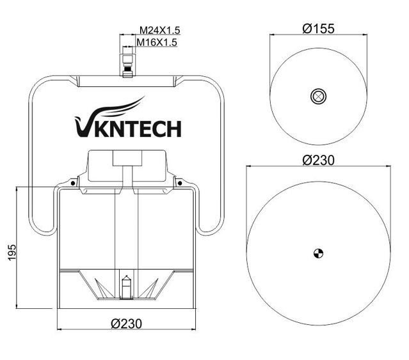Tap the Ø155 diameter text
click(x=318, y=29)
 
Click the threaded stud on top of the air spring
click(x=126, y=66)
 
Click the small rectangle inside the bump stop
click(x=126, y=159)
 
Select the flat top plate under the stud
click(x=126, y=81)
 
